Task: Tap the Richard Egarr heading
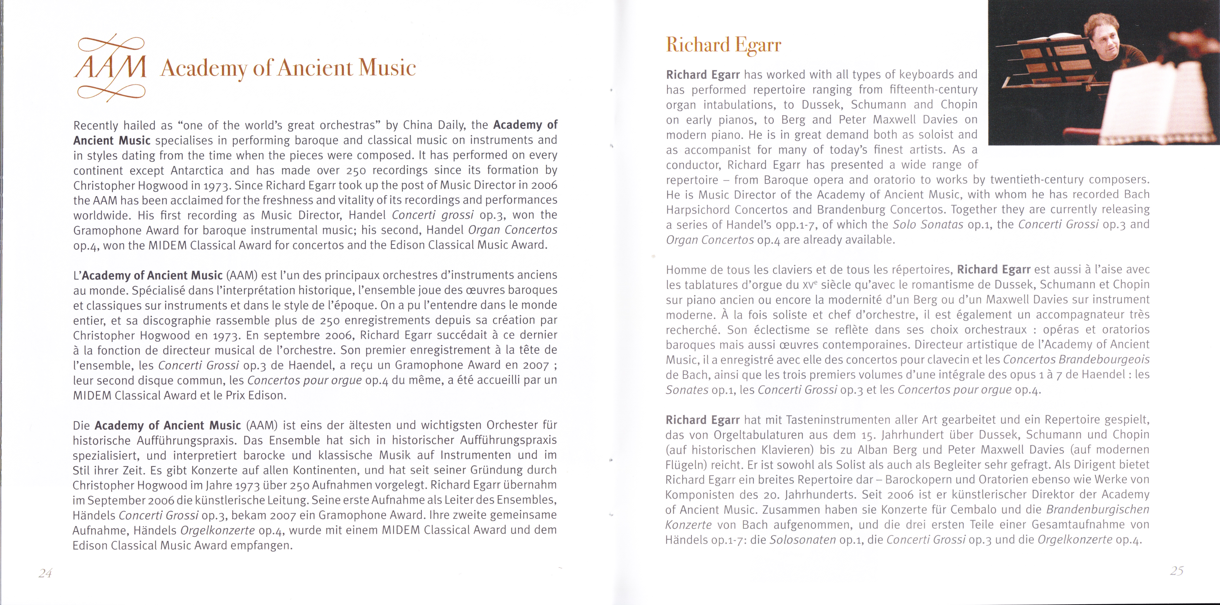tap(723, 45)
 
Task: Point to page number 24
tap(45, 573)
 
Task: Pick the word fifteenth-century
tap(933, 89)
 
